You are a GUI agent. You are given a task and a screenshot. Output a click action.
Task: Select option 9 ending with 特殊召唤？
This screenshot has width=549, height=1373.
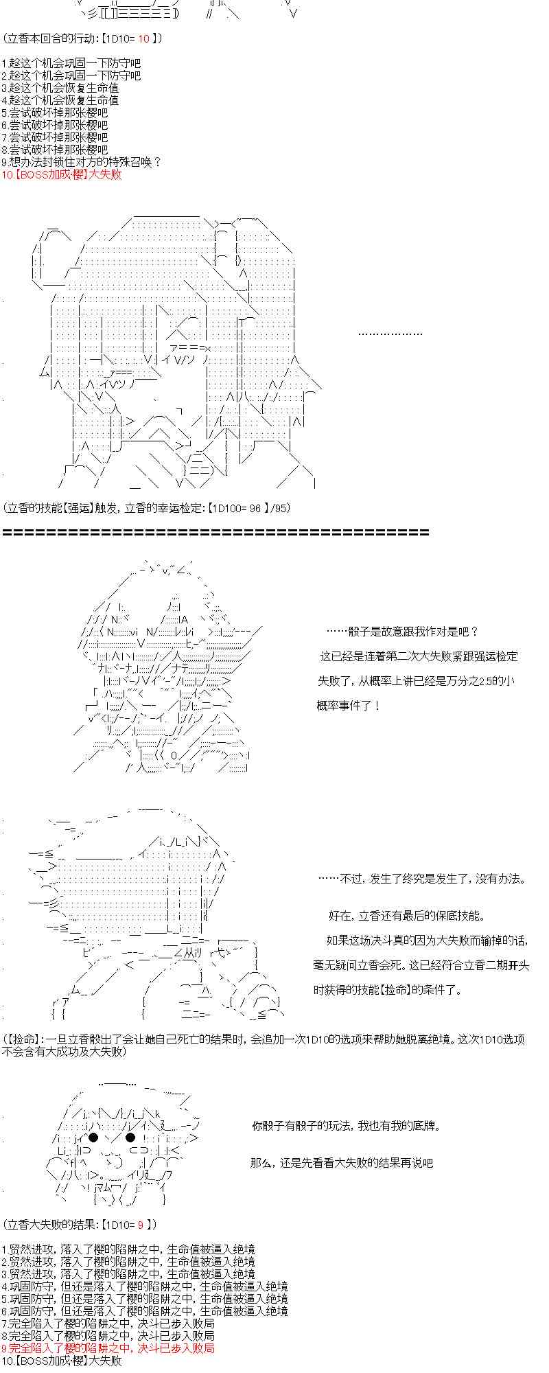pos(81,162)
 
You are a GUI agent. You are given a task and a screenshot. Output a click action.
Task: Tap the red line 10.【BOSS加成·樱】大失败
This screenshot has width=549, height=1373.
pos(62,174)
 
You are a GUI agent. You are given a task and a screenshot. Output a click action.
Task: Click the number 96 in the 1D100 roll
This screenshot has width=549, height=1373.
pos(255,508)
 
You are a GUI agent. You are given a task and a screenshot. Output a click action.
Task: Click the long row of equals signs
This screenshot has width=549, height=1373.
pos(216,532)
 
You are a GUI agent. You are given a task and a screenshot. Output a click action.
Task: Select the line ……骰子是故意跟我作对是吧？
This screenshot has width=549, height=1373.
pos(402,632)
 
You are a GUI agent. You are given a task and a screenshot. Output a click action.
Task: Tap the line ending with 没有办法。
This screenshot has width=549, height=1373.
pos(422,879)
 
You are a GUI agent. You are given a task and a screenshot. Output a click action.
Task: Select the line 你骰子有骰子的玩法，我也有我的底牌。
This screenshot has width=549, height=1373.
pos(346,1126)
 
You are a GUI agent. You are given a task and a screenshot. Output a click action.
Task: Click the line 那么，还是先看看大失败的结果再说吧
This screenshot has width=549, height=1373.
pos(342,1163)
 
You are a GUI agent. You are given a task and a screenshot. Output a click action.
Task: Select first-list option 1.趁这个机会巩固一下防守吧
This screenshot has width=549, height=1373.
pos(71,63)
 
